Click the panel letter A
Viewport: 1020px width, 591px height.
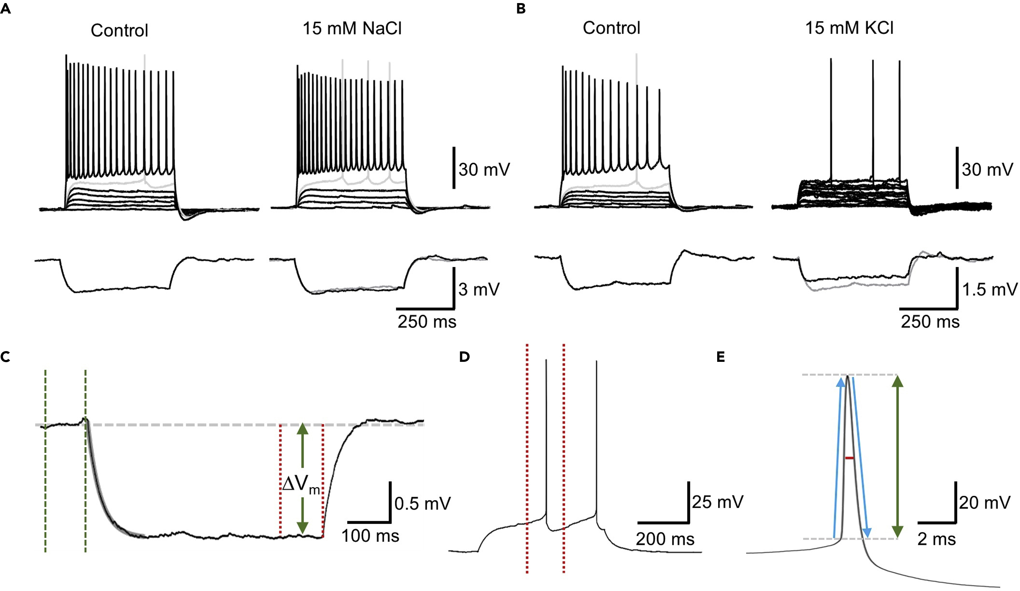click(x=6, y=9)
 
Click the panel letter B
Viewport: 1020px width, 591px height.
click(x=521, y=9)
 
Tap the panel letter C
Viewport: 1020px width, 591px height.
click(x=6, y=357)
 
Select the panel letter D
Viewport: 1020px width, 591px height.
click(x=464, y=357)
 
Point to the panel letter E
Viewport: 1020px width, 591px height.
click(x=721, y=357)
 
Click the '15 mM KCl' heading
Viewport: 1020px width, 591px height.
click(x=849, y=28)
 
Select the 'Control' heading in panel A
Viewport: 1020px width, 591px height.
click(x=119, y=30)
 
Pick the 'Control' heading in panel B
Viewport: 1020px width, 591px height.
click(x=611, y=28)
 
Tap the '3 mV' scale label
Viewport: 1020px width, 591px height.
click(x=479, y=289)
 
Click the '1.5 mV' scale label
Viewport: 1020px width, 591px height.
click(x=989, y=289)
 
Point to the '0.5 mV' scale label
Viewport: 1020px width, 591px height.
click(x=422, y=503)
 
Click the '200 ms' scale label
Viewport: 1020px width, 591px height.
click(x=665, y=539)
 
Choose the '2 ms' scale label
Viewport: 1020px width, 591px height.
click(x=936, y=539)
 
